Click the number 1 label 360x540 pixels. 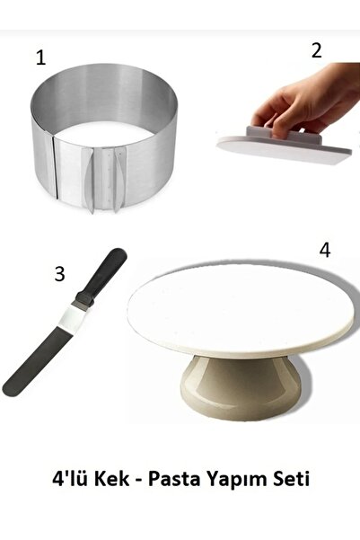40,58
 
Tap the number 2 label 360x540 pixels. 317,50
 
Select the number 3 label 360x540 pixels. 59,274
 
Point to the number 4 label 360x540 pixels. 325,251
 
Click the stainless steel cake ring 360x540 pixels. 104,137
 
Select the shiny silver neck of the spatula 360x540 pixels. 73,314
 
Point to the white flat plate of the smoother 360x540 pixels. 284,153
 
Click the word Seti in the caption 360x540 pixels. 292,479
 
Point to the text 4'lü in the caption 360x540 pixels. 71,479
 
